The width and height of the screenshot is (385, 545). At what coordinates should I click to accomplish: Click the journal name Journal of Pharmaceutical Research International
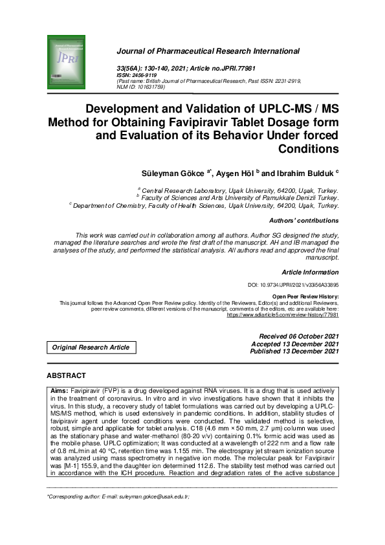coord(208,51)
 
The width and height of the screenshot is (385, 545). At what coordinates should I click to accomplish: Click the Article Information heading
coord(310,272)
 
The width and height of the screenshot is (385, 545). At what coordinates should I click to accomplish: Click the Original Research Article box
coord(91,348)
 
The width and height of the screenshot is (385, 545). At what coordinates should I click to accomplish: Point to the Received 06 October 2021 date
coord(298,337)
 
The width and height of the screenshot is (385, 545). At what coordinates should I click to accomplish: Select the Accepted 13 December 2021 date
coord(298,344)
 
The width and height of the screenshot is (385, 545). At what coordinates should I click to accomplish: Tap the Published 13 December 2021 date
coord(296,351)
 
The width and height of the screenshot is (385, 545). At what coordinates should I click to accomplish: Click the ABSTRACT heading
coord(67,375)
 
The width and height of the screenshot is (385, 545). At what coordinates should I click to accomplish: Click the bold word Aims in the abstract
coord(59,392)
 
